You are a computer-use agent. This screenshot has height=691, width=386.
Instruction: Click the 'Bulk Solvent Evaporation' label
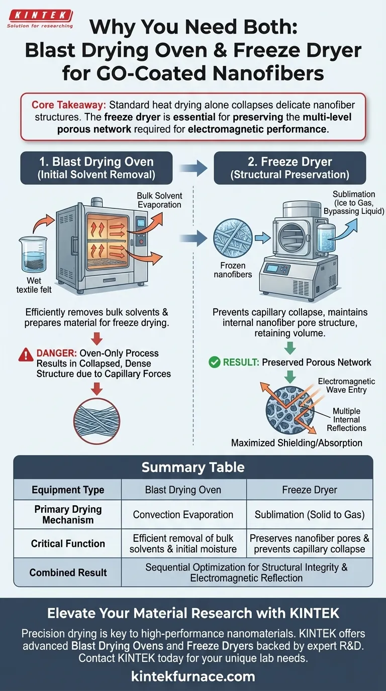click(159, 200)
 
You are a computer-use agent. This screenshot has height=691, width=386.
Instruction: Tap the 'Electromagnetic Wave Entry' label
click(346, 386)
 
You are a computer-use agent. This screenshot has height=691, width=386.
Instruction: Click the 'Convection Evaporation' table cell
click(183, 515)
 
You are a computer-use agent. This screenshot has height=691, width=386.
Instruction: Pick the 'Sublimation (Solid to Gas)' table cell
click(310, 515)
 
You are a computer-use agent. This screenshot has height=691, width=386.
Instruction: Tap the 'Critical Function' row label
click(68, 543)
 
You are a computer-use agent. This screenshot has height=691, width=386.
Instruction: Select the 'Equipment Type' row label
click(68, 490)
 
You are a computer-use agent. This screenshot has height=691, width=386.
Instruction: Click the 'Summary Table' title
click(193, 468)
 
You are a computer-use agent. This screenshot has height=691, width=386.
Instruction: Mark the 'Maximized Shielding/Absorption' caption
click(297, 443)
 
